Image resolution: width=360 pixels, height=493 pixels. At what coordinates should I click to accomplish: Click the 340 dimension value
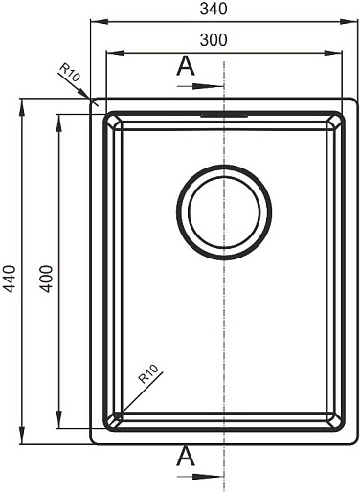pos(214,9)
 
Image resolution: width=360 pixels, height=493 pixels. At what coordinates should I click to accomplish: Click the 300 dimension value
pos(214,40)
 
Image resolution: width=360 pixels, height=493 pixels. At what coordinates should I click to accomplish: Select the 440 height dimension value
pos(10,279)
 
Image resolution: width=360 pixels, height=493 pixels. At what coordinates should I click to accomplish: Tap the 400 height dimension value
pos(46,279)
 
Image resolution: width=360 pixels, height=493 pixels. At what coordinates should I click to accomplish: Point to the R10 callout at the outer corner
pos(70,73)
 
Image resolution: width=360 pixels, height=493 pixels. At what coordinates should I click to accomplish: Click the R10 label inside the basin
pos(148,373)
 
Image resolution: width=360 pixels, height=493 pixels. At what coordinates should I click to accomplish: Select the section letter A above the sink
pos(186,66)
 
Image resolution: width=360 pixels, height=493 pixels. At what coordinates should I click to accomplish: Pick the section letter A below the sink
pos(186,457)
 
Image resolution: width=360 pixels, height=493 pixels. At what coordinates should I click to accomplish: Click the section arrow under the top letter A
pos(201,86)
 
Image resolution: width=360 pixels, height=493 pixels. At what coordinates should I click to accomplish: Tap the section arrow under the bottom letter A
pos(201,477)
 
